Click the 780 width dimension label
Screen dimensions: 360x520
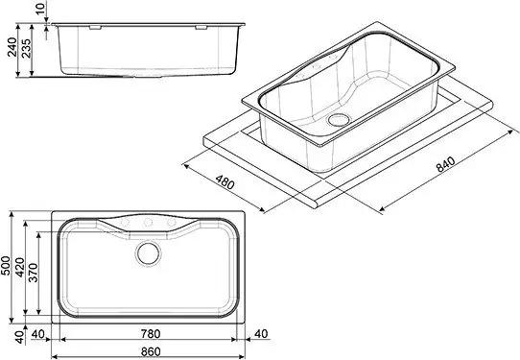[149, 333]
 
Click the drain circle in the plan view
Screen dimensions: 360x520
[149, 254]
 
